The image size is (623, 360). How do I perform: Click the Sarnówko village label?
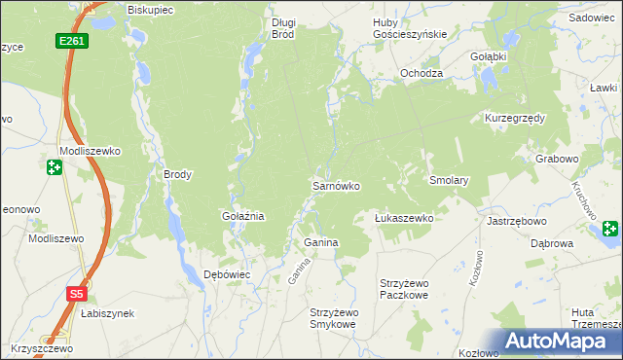336,185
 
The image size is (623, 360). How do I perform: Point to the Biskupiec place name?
150,10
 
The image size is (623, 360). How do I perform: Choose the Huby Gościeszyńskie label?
410,27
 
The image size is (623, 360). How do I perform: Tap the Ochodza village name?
421,74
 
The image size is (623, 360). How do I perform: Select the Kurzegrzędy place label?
514,118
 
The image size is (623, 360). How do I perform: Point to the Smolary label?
450,181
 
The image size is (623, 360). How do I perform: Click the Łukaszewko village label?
404,219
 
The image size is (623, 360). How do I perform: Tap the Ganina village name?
320,242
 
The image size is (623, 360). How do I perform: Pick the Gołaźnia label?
243,216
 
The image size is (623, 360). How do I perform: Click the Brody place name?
177,175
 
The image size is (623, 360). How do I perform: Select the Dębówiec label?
227,274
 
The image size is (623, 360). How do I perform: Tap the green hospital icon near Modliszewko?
54,167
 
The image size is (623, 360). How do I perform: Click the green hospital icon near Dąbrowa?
610,230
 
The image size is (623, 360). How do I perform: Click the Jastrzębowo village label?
514,221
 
